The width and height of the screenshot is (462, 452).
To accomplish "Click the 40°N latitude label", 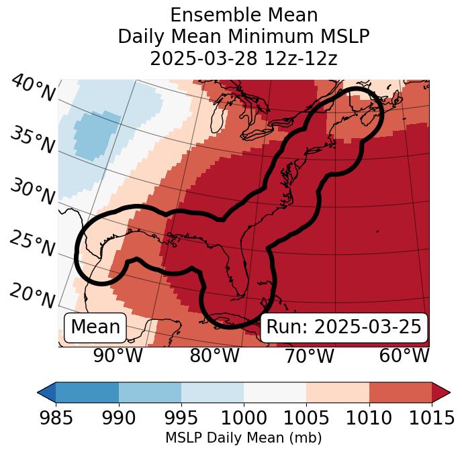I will point(33,89).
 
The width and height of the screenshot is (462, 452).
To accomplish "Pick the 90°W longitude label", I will point(118,355).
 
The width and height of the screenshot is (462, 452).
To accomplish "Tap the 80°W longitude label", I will point(214,355).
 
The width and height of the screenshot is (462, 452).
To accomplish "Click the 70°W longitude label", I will point(309,355).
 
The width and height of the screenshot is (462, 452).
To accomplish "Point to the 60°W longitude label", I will point(404,355).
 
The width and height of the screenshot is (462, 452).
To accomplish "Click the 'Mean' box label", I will point(95,327).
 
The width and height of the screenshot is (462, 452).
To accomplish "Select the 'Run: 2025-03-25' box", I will point(344,327).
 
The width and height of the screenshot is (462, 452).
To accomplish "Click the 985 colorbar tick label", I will point(56,418).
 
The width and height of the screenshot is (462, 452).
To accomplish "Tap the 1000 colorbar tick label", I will point(244,418).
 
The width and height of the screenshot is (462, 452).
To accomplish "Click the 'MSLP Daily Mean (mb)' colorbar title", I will point(243,438).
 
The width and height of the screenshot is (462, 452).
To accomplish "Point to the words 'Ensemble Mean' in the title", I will point(244,15).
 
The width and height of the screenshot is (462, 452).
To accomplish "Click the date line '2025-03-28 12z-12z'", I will point(244,58).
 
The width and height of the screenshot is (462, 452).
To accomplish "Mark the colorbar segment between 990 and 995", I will point(150,392).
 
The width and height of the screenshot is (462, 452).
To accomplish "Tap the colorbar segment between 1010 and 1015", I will point(400,392).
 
